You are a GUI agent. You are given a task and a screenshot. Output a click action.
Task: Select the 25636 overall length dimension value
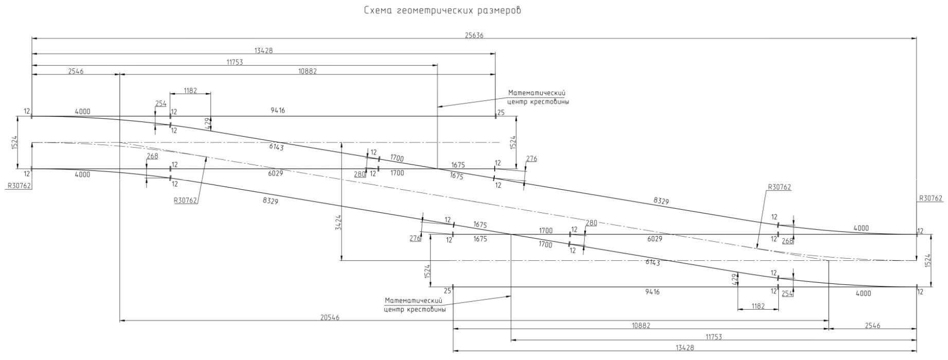(x=474, y=35)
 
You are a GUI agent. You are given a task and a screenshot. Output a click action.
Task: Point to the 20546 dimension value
(x=329, y=318)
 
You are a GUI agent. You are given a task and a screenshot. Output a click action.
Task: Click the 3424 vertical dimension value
(x=338, y=222)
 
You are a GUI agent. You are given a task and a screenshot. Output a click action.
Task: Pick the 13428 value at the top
(x=263, y=50)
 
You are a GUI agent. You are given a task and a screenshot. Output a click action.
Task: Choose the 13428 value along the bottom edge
(x=685, y=348)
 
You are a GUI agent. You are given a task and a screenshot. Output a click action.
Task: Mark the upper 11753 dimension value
(x=235, y=62)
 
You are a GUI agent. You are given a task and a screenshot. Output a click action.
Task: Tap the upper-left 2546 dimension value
(x=76, y=71)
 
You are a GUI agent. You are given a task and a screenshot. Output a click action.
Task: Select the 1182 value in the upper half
(x=190, y=91)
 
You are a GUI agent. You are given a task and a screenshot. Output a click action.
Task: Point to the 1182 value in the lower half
(x=758, y=307)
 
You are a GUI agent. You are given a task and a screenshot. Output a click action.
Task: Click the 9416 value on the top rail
(x=278, y=111)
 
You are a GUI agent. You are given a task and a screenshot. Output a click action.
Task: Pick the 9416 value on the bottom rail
(x=652, y=292)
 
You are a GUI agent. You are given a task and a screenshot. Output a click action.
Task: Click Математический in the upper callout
(x=536, y=93)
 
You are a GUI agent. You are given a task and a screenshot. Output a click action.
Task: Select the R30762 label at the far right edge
(x=931, y=199)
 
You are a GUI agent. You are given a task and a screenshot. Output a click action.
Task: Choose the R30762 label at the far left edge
(x=19, y=186)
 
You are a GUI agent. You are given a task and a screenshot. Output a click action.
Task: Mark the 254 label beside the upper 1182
(x=160, y=104)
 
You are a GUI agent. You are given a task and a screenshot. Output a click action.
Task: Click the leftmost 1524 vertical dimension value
(x=14, y=142)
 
